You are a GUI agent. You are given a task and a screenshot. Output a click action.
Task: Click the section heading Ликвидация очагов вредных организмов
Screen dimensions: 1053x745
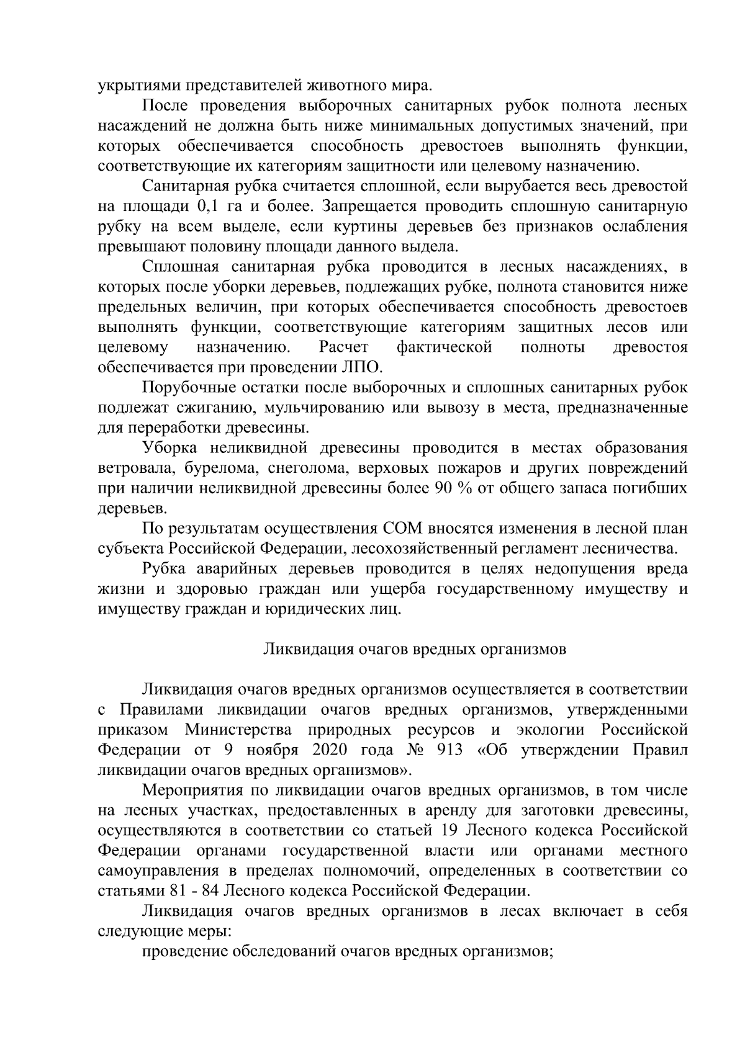point(415,650)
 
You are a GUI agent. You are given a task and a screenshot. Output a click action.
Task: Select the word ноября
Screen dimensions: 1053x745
point(273,750)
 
